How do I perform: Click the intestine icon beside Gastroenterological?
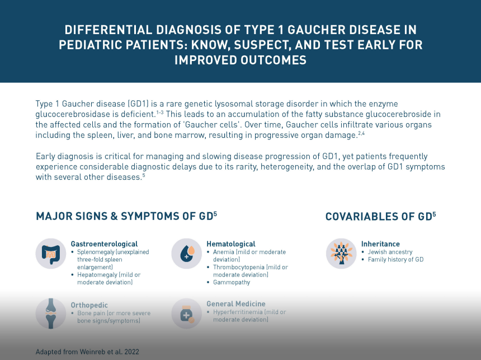coord(51,254)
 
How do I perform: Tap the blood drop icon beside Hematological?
coord(186,254)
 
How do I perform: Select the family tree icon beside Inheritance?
coord(341,254)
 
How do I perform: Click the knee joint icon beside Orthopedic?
coord(51,314)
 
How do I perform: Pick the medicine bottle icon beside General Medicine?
coord(186,314)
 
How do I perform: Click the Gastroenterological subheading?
coord(104,244)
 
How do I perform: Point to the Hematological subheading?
coord(231,244)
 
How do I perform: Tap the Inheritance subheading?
coord(380,244)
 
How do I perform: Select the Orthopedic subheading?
coord(89,305)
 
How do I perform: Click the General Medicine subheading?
coord(236,304)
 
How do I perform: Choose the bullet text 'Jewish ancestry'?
coord(390,252)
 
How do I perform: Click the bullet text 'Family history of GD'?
coord(396,260)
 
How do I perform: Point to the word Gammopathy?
coord(232,282)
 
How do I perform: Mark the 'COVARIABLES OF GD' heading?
coord(381,217)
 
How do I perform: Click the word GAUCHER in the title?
coord(316,30)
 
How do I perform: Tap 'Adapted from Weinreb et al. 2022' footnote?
coord(87,352)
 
